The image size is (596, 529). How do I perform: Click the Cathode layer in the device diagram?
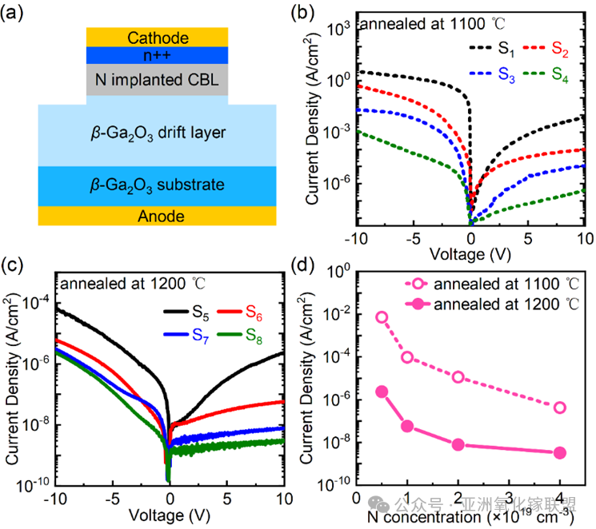click(158, 38)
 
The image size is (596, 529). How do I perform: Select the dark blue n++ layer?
click(158, 55)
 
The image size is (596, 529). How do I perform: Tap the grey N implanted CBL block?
click(158, 79)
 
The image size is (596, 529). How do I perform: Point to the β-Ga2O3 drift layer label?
click(158, 132)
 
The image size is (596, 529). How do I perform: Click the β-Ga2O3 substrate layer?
click(158, 185)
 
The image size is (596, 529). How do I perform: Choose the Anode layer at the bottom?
click(158, 216)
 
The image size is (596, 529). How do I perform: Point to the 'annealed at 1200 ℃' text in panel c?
click(122, 281)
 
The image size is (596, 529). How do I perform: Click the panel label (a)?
click(18, 14)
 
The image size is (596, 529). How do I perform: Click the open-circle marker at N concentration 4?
click(560, 408)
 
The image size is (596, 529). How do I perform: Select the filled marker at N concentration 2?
click(458, 444)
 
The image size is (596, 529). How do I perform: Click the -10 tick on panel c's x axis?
click(54, 498)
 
